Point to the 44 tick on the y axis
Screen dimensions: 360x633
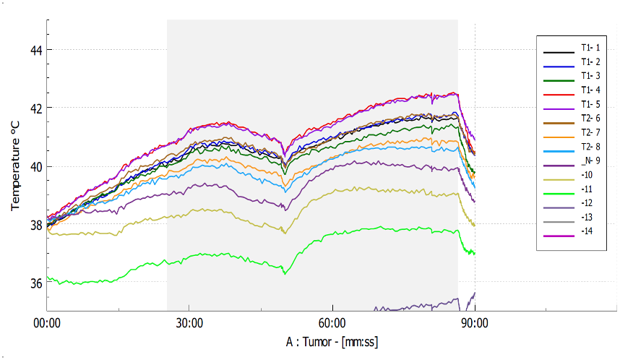click(35, 50)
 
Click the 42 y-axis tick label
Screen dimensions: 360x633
click(35, 108)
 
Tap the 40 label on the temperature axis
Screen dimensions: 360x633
click(35, 167)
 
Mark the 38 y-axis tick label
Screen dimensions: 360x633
click(35, 225)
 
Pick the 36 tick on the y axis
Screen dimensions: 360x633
click(35, 283)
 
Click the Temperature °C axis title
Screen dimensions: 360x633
click(15, 166)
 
